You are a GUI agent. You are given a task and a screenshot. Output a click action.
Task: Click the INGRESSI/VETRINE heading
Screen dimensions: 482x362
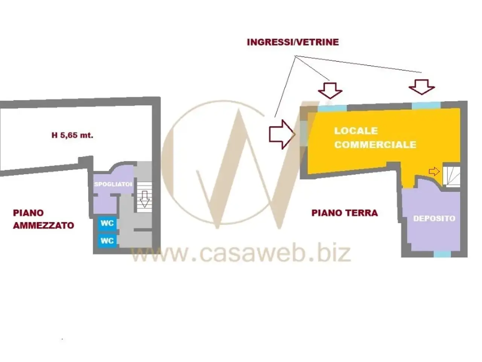click(x=293, y=42)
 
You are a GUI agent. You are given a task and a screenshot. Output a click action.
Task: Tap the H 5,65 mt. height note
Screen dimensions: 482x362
click(x=72, y=135)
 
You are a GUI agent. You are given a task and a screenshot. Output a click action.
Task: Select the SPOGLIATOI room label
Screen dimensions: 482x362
click(x=113, y=184)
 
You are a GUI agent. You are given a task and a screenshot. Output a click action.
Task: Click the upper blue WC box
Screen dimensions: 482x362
click(x=107, y=224)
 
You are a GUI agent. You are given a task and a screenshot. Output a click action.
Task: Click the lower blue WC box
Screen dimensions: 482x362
click(x=107, y=241)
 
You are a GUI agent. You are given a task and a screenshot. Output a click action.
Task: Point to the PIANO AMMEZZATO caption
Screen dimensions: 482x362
click(x=43, y=219)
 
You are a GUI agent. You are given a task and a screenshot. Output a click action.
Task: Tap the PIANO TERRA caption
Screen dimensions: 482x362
click(x=345, y=213)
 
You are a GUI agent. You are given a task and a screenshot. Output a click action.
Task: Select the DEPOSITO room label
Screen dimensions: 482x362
click(x=434, y=218)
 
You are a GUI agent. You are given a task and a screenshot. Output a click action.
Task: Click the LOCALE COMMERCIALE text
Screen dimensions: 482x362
click(x=375, y=138)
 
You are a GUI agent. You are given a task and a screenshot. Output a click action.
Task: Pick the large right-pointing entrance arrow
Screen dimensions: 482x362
click(x=282, y=134)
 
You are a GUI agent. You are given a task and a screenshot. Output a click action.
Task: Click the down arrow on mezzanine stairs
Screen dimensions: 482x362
click(x=145, y=199)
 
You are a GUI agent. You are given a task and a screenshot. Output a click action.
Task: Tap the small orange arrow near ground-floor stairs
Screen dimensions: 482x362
click(x=434, y=172)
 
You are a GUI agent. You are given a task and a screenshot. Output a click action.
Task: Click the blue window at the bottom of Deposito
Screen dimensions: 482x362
click(x=442, y=254)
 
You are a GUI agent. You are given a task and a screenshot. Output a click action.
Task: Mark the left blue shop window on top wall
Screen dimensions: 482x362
click(x=332, y=108)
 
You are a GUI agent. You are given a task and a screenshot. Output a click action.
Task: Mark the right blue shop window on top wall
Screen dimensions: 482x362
click(x=426, y=105)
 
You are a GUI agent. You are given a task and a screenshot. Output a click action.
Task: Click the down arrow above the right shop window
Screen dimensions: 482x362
click(x=422, y=87)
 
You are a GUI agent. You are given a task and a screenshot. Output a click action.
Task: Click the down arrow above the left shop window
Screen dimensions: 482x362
click(x=330, y=90)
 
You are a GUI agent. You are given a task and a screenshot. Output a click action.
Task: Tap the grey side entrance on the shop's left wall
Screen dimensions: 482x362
click(x=304, y=133)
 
